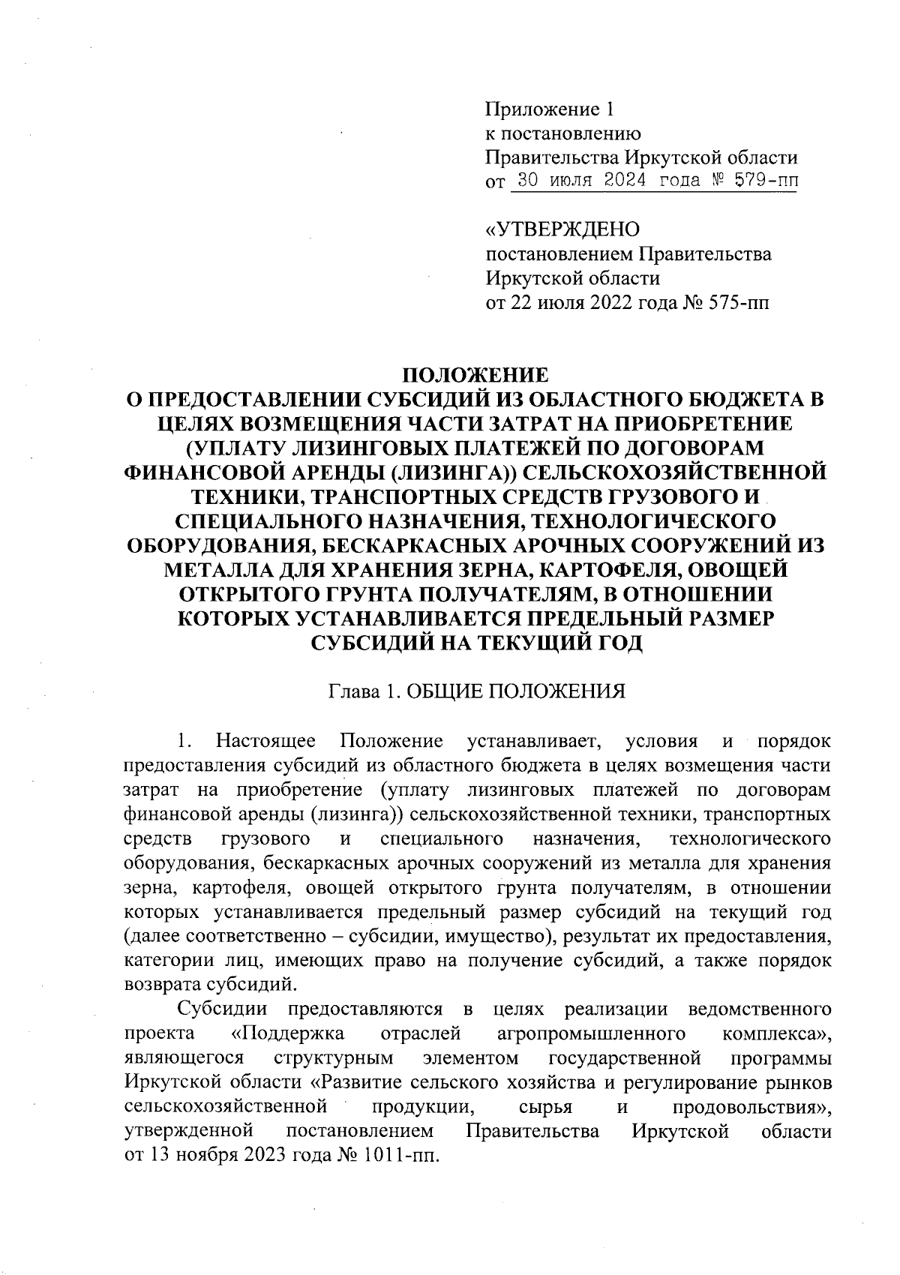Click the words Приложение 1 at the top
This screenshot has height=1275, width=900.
[x=550, y=110]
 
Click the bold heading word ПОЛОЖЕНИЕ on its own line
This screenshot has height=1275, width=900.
[x=476, y=374]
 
